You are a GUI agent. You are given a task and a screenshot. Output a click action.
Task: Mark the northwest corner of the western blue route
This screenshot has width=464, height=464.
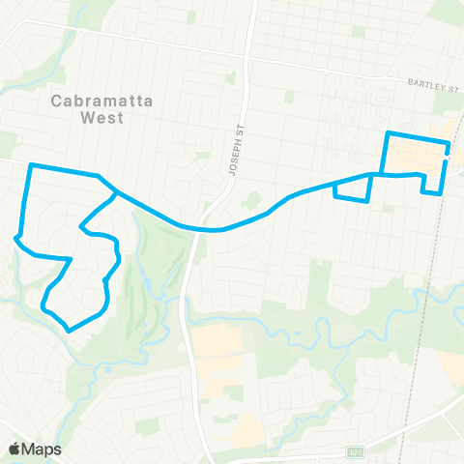pos(32,165)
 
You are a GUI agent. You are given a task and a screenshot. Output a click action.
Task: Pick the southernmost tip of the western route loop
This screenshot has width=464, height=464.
pos(69,330)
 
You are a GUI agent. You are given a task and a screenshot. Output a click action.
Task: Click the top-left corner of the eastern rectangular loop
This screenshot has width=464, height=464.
pos(388,132)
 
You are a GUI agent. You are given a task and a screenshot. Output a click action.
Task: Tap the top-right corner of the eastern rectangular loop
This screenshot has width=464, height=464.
pos(448,144)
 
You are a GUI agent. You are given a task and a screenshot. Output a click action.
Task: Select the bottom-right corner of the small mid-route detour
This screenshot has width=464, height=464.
pos(367,200)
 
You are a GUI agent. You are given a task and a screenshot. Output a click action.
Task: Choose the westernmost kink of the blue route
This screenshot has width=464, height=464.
pos(15,237)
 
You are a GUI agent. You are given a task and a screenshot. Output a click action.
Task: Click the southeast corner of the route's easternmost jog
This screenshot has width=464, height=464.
pos(442,192)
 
